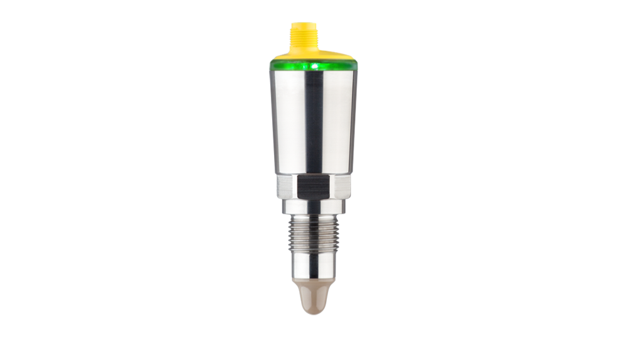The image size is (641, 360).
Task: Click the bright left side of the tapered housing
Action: coord(286,119)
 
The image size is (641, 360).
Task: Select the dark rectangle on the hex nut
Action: coord(314,187)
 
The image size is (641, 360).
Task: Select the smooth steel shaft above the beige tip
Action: coord(313,266)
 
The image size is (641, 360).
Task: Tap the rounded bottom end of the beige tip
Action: coord(313,311)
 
